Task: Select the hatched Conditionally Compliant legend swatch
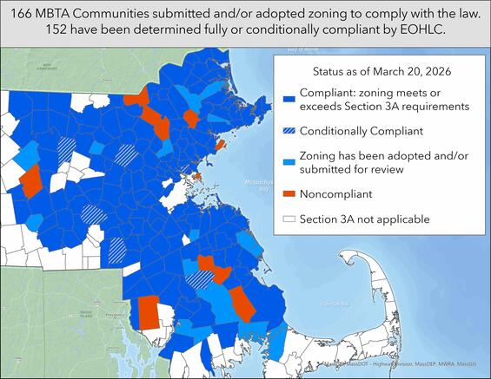[x=288, y=131]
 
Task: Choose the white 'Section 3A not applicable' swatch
[x=288, y=219]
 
